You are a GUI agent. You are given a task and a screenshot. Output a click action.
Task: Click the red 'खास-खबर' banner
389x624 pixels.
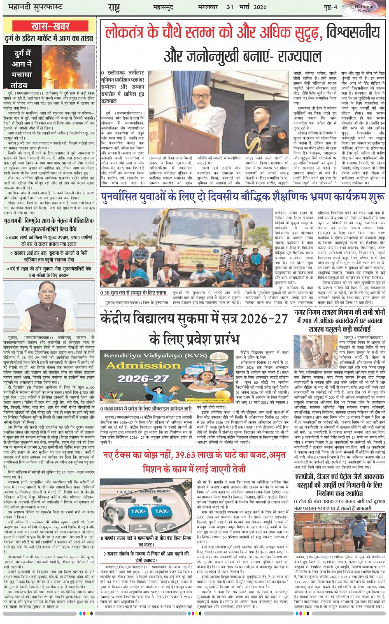(51, 26)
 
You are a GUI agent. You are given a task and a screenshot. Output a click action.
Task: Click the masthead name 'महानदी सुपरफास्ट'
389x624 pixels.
(33, 7)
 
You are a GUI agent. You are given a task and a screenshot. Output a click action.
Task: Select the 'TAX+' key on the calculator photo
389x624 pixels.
(139, 511)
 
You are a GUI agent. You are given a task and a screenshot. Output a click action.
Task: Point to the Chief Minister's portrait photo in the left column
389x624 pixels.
(49, 305)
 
